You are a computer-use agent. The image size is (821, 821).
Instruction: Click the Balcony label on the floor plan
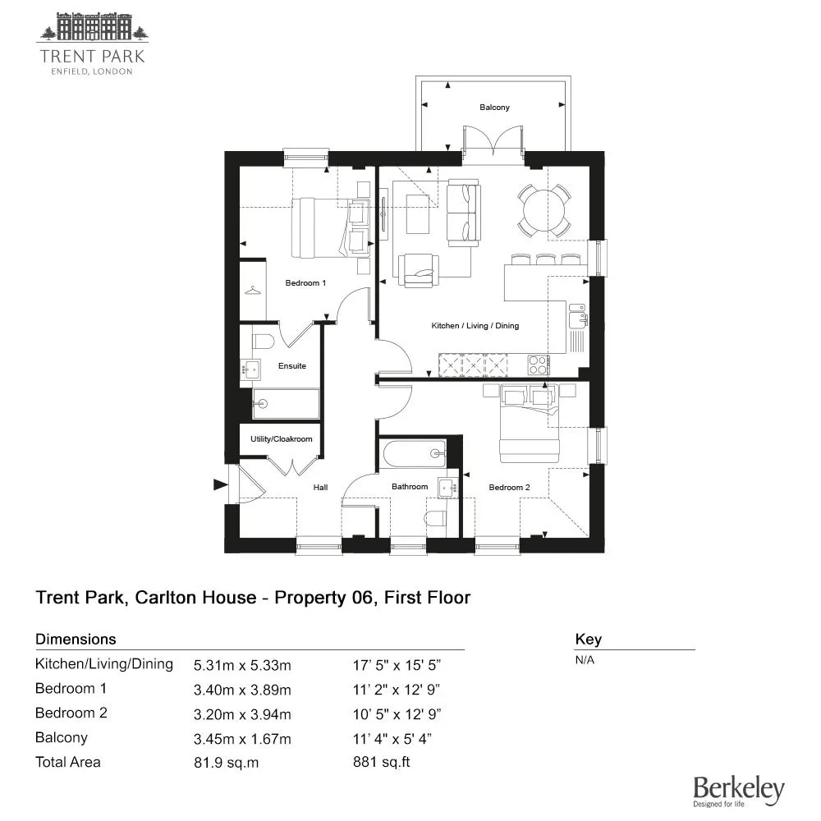[494, 108]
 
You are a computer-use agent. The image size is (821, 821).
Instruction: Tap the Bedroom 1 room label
[305, 283]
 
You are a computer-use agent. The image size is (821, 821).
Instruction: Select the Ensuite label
[292, 366]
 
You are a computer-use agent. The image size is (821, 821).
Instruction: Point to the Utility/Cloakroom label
[281, 438]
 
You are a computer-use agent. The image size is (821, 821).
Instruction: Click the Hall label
[320, 488]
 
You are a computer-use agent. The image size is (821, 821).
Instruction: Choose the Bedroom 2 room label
[509, 488]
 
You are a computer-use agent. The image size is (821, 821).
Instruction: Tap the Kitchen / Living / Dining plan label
[475, 326]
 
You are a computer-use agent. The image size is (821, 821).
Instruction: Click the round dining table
[544, 210]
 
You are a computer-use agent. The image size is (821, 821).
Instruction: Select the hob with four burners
[539, 365]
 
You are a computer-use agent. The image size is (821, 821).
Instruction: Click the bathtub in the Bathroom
[414, 454]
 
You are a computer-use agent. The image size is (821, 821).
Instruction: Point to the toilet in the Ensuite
[264, 342]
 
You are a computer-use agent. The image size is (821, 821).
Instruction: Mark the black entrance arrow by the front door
[220, 485]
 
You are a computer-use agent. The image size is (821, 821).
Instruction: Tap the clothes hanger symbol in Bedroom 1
[252, 290]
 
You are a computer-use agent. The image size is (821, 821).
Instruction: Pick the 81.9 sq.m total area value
[227, 763]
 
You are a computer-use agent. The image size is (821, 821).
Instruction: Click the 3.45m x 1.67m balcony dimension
[242, 739]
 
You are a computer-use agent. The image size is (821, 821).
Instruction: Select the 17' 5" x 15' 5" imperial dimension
[397, 665]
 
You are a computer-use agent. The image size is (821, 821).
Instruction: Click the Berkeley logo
[739, 791]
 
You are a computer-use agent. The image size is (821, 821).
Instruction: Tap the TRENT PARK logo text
[92, 56]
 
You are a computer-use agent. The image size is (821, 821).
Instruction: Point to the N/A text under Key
[585, 660]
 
